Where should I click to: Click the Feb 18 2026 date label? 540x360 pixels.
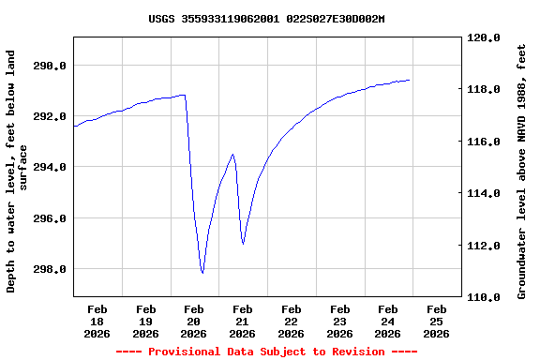(x=97, y=321)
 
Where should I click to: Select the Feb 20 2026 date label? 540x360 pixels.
(x=194, y=321)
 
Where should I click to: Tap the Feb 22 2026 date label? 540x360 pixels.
(x=291, y=321)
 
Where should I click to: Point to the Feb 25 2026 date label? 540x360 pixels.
(x=436, y=321)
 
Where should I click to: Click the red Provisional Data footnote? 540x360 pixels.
(x=266, y=352)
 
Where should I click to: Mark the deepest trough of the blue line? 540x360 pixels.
(x=202, y=273)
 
